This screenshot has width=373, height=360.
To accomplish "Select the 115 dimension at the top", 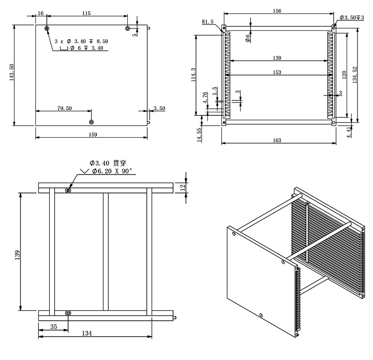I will coord(86,13).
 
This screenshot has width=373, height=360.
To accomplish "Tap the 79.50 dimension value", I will coord(65,108).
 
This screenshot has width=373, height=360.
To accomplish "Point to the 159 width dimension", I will coord(93,134).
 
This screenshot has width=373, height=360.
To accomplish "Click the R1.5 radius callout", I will coord(208,21).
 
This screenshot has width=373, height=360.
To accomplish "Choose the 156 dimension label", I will coord(278,11).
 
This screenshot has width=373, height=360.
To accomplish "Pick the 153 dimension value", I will coord(277,73).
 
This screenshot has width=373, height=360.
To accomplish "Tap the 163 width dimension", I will coord(277,141).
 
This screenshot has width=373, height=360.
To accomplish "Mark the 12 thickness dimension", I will coord(183,187).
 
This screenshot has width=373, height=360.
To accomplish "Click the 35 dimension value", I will coord(54,327).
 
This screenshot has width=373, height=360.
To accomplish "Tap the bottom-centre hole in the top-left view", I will coord(91,122).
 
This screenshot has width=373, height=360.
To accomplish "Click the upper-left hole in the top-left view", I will coord(47,28).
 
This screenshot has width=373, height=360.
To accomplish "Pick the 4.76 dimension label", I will coord(205,98).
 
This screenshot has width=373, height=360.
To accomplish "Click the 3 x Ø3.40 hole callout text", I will coord(82,41).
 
